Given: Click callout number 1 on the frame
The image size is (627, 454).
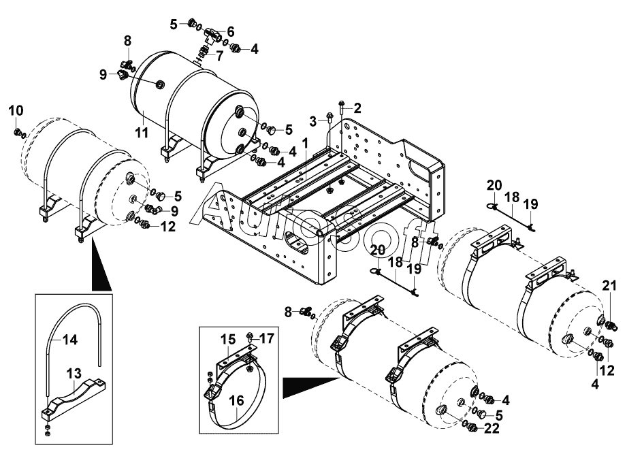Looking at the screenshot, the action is point(306,144).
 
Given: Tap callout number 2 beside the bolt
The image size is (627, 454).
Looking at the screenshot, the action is point(357,108).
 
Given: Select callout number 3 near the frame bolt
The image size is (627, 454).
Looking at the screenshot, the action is point(313,120).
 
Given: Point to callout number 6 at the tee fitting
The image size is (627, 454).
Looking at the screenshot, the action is point(230,31).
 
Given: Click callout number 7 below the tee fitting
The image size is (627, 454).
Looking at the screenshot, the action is point(219,56).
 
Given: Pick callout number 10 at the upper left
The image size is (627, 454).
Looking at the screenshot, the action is point(16,111).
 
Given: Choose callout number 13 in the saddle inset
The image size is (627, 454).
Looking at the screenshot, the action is point(74,374).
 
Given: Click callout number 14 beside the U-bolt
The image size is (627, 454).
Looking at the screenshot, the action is point(69,340).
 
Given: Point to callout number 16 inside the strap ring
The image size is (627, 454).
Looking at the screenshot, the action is point(237,400).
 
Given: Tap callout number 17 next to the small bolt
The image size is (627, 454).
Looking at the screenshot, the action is point(267,338).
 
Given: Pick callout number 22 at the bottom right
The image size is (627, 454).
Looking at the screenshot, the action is point(492,428).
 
